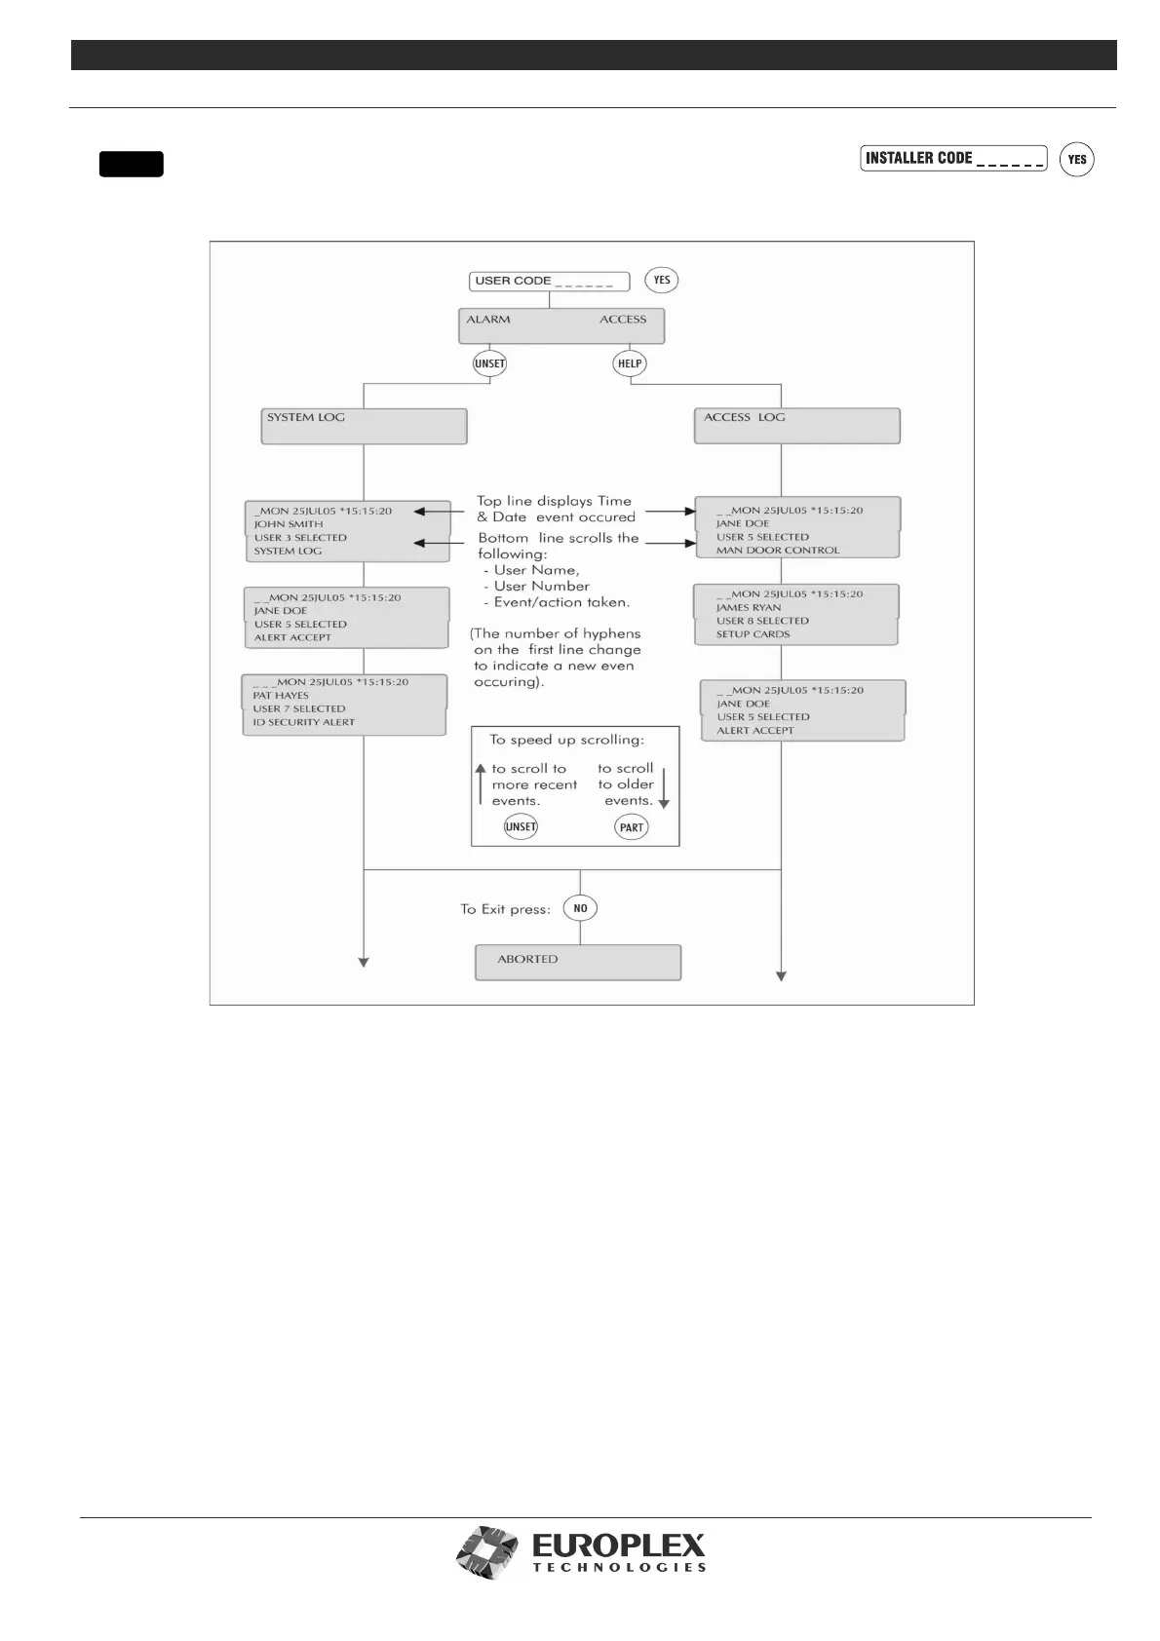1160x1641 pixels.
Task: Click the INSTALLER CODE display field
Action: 952,158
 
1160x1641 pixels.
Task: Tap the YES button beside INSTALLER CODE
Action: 1076,160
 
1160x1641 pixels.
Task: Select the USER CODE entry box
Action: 549,281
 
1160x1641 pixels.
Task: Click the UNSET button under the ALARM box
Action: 489,363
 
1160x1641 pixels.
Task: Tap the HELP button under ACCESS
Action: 631,363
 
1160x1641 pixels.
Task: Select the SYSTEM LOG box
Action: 364,426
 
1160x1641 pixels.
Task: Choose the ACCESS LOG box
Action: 796,426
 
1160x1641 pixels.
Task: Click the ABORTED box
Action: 577,961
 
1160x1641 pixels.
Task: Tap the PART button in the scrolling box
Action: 632,827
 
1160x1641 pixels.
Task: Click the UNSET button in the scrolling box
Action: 521,827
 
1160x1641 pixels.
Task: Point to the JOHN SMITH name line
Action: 289,524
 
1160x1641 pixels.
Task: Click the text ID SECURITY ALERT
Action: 304,722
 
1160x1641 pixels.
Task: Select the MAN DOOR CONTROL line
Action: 778,551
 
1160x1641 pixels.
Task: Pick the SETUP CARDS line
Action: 754,634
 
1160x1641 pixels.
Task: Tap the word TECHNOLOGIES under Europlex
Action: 619,1568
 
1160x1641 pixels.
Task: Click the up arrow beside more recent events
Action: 481,784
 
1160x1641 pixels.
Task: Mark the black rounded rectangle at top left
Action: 131,164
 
